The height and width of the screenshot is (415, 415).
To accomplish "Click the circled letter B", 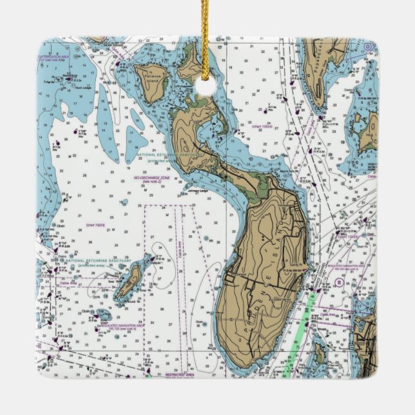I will click(338, 282).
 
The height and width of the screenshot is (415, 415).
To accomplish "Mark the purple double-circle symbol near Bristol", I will click(367, 46).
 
